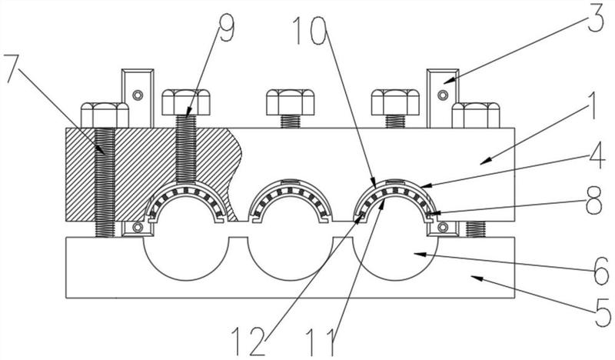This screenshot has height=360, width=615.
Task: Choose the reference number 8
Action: tap(593, 201)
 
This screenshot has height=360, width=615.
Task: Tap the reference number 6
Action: tap(600, 271)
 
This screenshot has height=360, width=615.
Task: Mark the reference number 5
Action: tap(602, 312)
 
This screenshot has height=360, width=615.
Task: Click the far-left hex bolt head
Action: tap(105, 115)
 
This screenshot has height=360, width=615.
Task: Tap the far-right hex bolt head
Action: tap(476, 115)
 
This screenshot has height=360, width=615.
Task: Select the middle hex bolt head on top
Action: tap(291, 102)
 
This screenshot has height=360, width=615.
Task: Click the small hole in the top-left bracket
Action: tap(137, 95)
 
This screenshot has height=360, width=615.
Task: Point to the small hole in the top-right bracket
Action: tap(443, 95)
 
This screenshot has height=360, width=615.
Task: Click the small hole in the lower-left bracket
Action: tap(138, 227)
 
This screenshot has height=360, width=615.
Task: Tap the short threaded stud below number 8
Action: tap(475, 229)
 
